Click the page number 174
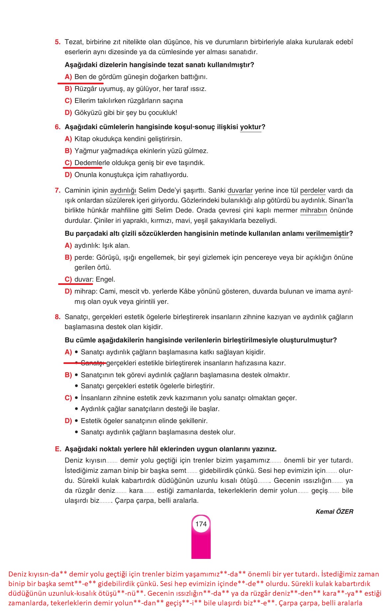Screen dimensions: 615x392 click(201, 524)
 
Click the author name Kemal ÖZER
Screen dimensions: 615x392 click(334, 511)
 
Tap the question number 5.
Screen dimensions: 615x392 click(57, 42)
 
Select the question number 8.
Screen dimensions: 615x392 click(57, 317)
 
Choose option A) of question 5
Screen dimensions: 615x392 click(68, 77)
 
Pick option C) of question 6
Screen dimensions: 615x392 click(68, 163)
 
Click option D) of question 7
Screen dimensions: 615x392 click(68, 292)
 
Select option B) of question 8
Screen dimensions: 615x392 click(68, 375)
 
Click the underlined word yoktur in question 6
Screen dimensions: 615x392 click(250, 127)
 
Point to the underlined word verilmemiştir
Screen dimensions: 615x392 click(327, 233)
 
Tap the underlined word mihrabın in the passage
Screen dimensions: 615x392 click(314, 211)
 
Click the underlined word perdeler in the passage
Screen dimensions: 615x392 click(313, 191)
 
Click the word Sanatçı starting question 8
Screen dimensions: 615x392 click(76, 317)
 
